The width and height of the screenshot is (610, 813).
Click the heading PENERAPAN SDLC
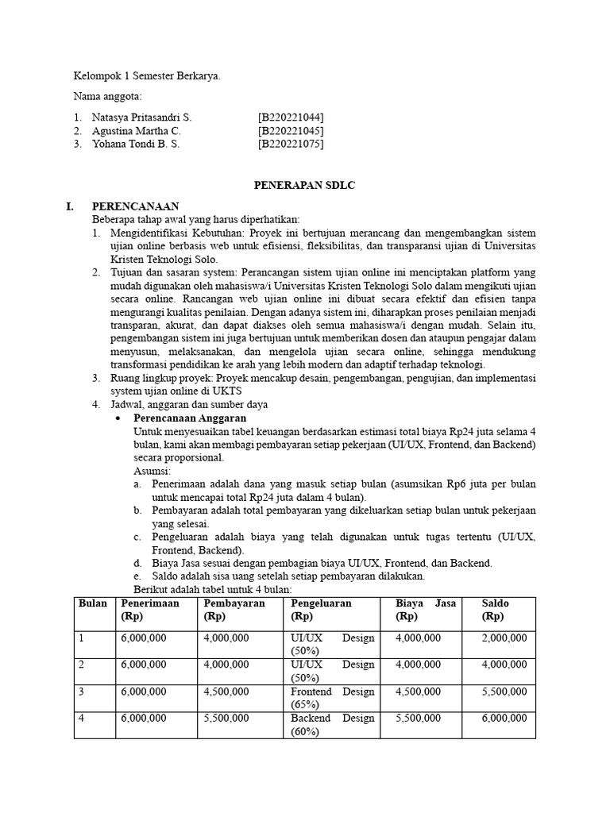coord(304,185)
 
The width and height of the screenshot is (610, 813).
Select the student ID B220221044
coord(290,117)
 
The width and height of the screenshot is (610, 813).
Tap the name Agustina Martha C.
coord(137,130)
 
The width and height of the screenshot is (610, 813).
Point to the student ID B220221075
coord(290,144)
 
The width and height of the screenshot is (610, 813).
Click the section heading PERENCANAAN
coord(135,206)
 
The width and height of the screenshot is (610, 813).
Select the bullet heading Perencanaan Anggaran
coord(190,418)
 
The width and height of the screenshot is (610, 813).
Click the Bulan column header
coord(94,603)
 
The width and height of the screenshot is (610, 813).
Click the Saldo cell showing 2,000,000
coord(504,638)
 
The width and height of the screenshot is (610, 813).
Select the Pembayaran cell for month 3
coord(226,692)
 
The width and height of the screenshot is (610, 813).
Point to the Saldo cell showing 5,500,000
coord(504,692)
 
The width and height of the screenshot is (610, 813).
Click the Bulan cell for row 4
coord(81,719)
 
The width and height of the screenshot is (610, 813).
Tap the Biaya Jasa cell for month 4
coord(418,719)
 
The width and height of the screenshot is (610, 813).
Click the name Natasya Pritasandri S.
coord(141,117)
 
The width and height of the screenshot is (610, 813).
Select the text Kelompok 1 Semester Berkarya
coord(147,76)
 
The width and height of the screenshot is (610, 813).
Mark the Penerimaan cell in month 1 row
coord(144,638)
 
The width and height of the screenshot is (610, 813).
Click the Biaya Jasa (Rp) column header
coord(426,609)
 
